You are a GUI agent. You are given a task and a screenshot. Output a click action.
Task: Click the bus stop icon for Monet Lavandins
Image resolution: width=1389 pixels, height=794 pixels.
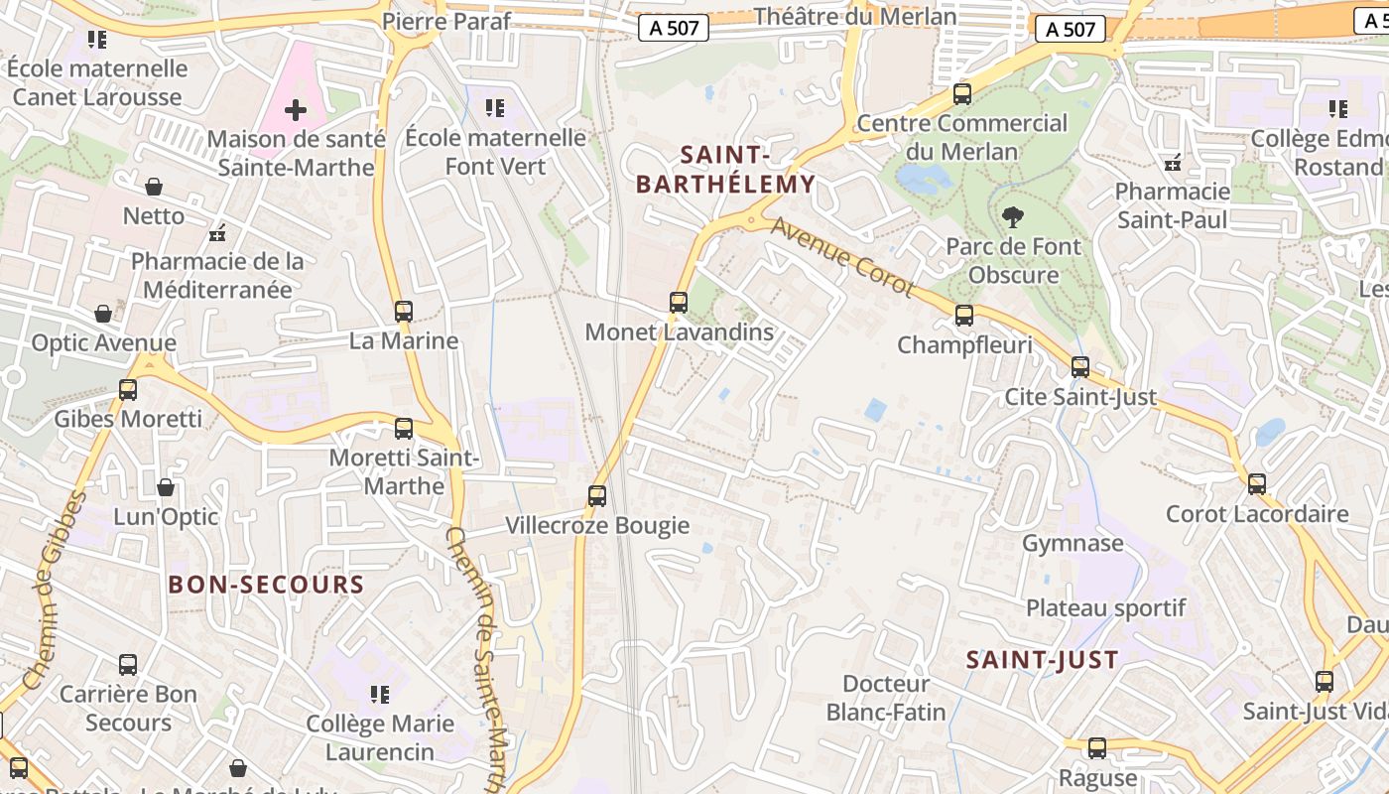pos(679,303)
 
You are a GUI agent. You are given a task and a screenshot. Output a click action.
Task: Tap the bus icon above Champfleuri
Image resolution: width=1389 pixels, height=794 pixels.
pos(963,316)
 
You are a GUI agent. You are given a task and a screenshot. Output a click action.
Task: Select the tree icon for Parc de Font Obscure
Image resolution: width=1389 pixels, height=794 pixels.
pos(1013,216)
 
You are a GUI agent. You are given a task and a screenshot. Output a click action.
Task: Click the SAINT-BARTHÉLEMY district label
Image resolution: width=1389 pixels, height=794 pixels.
pos(724,169)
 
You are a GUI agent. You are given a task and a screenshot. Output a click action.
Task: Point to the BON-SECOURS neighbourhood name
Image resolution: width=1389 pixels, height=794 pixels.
pos(267,584)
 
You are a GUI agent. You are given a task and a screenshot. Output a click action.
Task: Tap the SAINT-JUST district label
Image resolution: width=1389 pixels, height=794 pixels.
pos(1042,659)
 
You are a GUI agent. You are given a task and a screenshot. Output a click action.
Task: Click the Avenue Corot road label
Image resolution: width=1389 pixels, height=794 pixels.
pos(842,257)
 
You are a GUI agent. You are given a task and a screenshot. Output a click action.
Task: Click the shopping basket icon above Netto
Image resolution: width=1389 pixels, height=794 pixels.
pos(154,187)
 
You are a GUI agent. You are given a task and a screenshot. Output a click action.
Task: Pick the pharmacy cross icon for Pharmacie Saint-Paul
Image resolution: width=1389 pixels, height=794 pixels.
pos(1173,163)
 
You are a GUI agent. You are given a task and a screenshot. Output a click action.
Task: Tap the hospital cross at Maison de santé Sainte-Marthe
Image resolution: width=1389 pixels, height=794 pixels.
pos(295,110)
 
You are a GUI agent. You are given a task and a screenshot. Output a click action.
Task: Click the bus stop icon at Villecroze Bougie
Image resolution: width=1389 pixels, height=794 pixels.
pos(597,495)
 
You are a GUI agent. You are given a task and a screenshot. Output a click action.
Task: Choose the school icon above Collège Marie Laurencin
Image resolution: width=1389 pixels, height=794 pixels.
pos(379,694)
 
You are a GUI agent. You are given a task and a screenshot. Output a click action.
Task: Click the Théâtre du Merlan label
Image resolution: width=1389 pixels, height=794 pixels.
pos(855,16)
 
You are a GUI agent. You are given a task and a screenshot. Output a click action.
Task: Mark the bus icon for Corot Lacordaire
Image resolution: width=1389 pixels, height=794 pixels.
pos(1257,484)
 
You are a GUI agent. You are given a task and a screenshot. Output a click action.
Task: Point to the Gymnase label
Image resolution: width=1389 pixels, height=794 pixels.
pos(1073,543)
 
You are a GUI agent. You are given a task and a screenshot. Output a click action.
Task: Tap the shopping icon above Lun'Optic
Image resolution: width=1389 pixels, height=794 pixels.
pos(166,487)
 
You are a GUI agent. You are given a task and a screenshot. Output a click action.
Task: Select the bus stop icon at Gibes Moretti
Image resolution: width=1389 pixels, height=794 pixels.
pos(128,390)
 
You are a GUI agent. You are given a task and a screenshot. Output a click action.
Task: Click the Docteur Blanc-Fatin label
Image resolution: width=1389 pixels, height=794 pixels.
pos(886,698)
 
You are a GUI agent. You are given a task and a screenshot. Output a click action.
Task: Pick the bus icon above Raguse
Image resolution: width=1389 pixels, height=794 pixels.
pos(1096,748)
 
